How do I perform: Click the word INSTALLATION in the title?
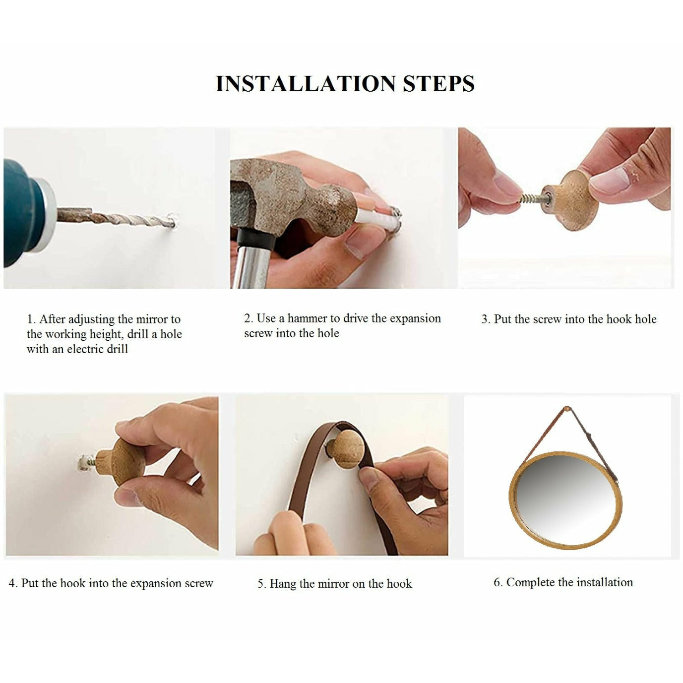305,84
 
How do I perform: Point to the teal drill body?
22,211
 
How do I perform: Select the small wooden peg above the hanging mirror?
567,409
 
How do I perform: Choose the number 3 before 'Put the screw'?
484,319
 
